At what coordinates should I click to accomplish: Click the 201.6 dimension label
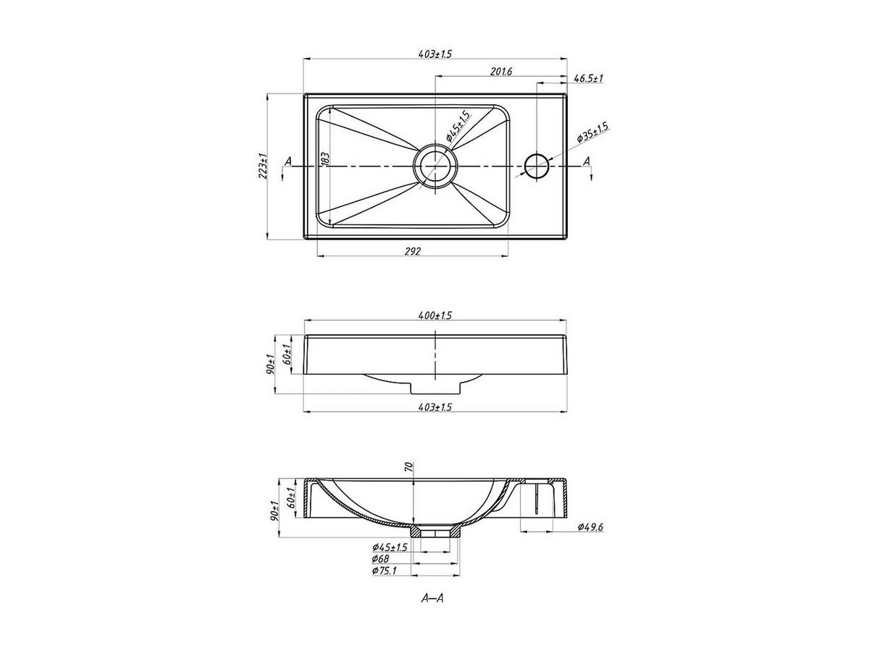(x=501, y=71)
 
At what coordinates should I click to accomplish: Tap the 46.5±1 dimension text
(x=588, y=78)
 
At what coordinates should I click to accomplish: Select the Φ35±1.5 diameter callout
(x=592, y=132)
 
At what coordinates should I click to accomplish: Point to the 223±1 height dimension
(x=263, y=166)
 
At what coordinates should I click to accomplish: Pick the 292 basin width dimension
(x=413, y=251)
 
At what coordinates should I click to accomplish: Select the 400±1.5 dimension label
(x=435, y=316)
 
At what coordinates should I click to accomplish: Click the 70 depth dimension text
(x=409, y=467)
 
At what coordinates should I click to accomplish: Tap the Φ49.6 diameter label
(x=590, y=527)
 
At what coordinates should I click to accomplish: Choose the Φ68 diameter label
(x=380, y=559)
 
